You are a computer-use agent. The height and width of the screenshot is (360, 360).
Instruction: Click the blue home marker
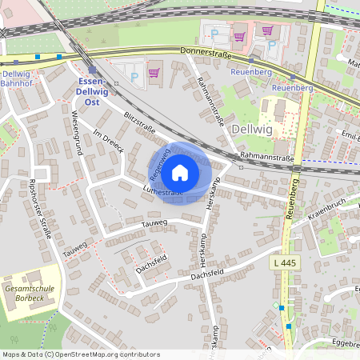(x=180, y=173)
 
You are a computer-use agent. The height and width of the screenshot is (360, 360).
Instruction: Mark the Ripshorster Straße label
(x=41, y=212)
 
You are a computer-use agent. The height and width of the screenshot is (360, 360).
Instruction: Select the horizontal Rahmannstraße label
(x=269, y=159)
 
